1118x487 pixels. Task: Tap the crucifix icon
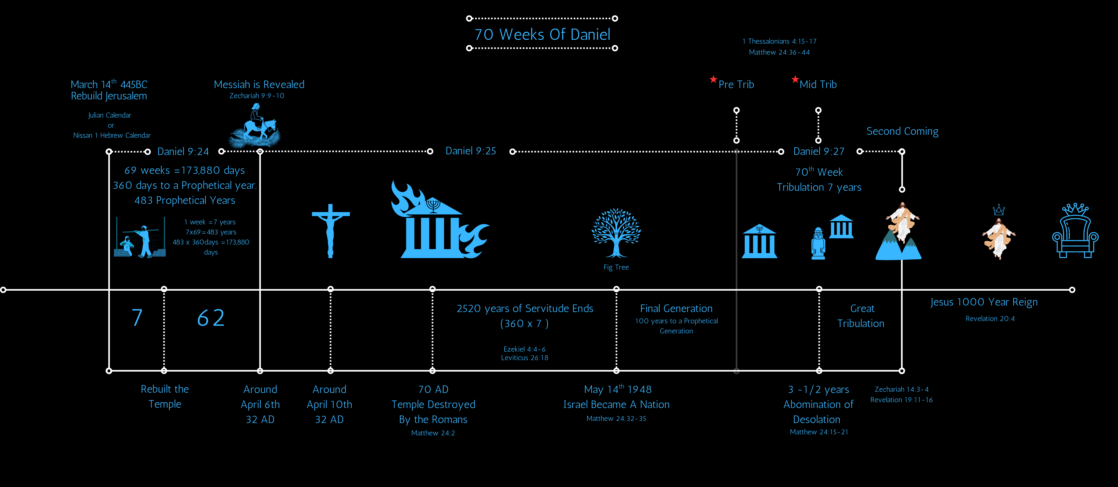330,230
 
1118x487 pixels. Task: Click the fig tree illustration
616,232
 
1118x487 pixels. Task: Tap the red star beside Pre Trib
713,80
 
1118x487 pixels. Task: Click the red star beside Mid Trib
795,80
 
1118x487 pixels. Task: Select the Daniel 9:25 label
471,151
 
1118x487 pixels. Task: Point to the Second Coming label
902,131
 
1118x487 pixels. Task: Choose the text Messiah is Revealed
259,84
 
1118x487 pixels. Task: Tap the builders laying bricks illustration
140,238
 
